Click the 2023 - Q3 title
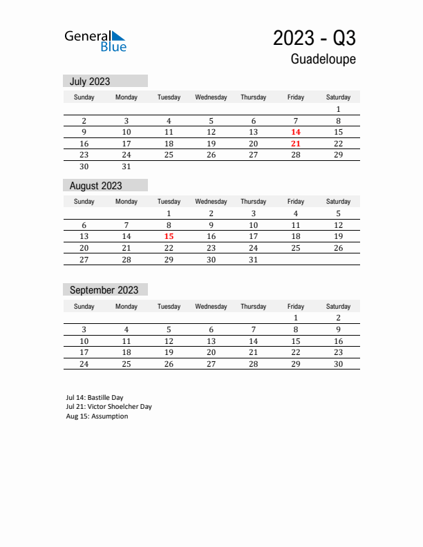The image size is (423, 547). [314, 37]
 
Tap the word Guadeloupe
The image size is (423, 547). [323, 59]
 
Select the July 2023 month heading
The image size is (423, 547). [90, 81]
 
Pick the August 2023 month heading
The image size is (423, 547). [95, 186]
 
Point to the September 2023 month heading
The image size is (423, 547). [104, 290]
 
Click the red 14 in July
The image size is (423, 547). [296, 132]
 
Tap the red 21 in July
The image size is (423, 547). [296, 144]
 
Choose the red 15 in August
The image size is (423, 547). [169, 236]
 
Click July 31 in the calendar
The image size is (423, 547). [126, 166]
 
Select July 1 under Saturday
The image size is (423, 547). [338, 109]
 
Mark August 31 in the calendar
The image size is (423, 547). [253, 260]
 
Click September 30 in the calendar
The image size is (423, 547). [338, 364]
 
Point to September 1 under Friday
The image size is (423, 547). [296, 318]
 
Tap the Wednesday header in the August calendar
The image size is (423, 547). [211, 202]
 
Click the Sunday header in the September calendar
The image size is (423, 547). [84, 307]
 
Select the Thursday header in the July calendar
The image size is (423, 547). [253, 97]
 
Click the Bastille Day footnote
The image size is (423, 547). [95, 398]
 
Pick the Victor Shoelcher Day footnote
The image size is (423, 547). [109, 407]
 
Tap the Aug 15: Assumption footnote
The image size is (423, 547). [97, 416]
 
